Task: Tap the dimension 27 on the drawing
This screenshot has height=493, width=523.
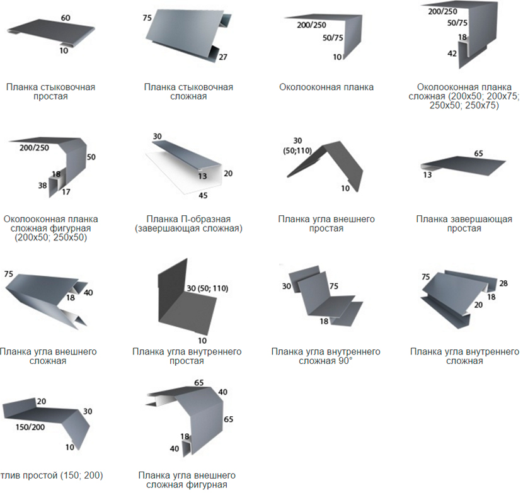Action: [x=222, y=57]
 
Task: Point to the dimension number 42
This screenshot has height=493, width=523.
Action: [x=452, y=54]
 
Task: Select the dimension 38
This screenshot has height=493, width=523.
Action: [x=42, y=186]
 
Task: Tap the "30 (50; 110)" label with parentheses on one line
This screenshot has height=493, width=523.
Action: [x=207, y=288]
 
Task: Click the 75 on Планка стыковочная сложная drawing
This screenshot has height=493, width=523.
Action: [x=147, y=18]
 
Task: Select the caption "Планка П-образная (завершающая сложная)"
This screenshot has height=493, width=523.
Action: [x=188, y=224]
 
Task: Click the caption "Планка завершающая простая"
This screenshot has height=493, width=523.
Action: [x=464, y=224]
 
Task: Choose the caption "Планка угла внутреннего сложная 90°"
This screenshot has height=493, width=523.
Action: [x=326, y=356]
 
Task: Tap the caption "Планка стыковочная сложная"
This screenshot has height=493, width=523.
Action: [x=188, y=91]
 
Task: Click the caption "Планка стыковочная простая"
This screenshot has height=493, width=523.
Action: [x=50, y=91]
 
